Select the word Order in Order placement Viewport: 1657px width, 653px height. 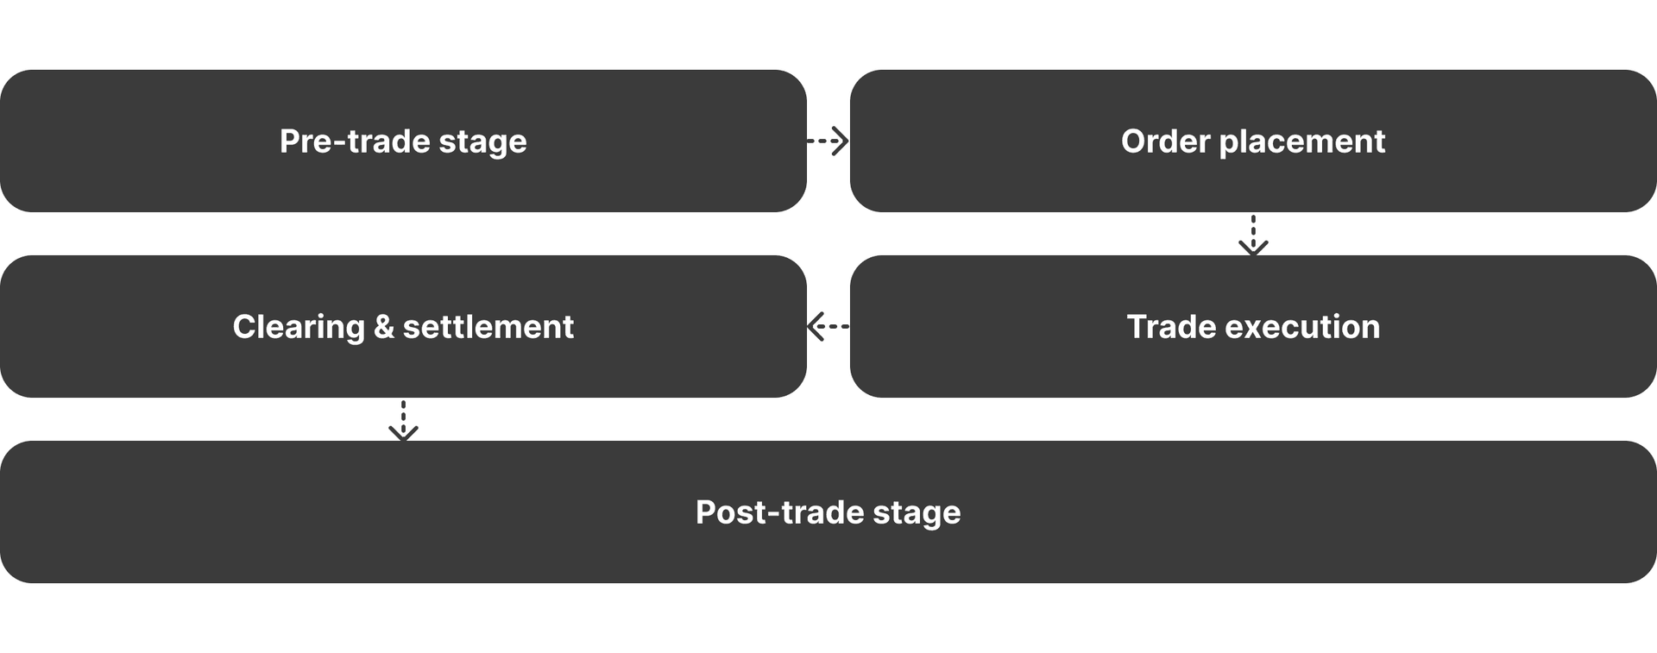(1165, 141)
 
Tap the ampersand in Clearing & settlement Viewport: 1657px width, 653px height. (383, 327)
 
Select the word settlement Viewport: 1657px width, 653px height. (488, 327)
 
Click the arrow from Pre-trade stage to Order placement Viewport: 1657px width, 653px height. (828, 141)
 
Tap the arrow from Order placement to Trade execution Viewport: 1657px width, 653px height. (1253, 235)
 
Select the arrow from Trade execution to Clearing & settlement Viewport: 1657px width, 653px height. (828, 327)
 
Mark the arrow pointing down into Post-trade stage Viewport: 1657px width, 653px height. (403, 420)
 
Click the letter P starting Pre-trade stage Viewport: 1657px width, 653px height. (289, 141)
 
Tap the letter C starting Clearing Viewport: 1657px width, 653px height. (244, 327)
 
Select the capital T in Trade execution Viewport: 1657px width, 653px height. (1137, 327)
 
